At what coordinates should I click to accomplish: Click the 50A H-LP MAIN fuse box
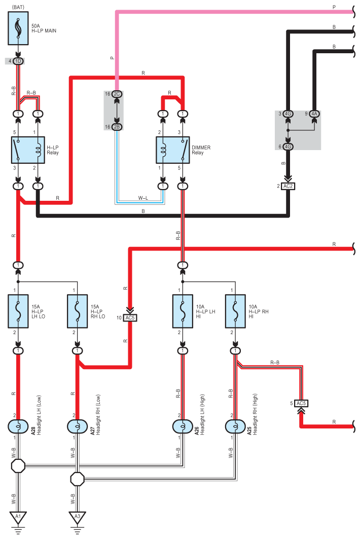[18, 28]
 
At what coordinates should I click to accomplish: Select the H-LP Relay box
[28, 150]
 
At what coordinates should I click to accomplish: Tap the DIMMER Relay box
[172, 150]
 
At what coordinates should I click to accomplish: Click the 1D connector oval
[18, 61]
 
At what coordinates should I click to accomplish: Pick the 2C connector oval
[117, 94]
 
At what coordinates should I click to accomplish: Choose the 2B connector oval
[117, 127]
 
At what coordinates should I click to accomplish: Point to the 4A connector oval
[314, 114]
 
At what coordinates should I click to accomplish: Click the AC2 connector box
[288, 186]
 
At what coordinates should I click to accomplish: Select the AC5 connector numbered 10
[130, 317]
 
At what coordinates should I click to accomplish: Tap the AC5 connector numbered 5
[301, 403]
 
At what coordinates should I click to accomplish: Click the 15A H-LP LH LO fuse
[18, 311]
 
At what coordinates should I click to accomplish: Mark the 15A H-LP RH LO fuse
[78, 311]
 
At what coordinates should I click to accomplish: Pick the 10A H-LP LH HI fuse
[183, 311]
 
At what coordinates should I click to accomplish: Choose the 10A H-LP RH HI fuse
[235, 311]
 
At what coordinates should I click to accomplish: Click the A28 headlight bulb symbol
[18, 426]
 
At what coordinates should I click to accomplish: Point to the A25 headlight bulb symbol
[235, 426]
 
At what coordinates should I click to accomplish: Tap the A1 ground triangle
[18, 517]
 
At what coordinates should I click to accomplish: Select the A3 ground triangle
[78, 517]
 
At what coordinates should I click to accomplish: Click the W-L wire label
[143, 198]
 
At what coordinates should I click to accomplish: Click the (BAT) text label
[18, 7]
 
